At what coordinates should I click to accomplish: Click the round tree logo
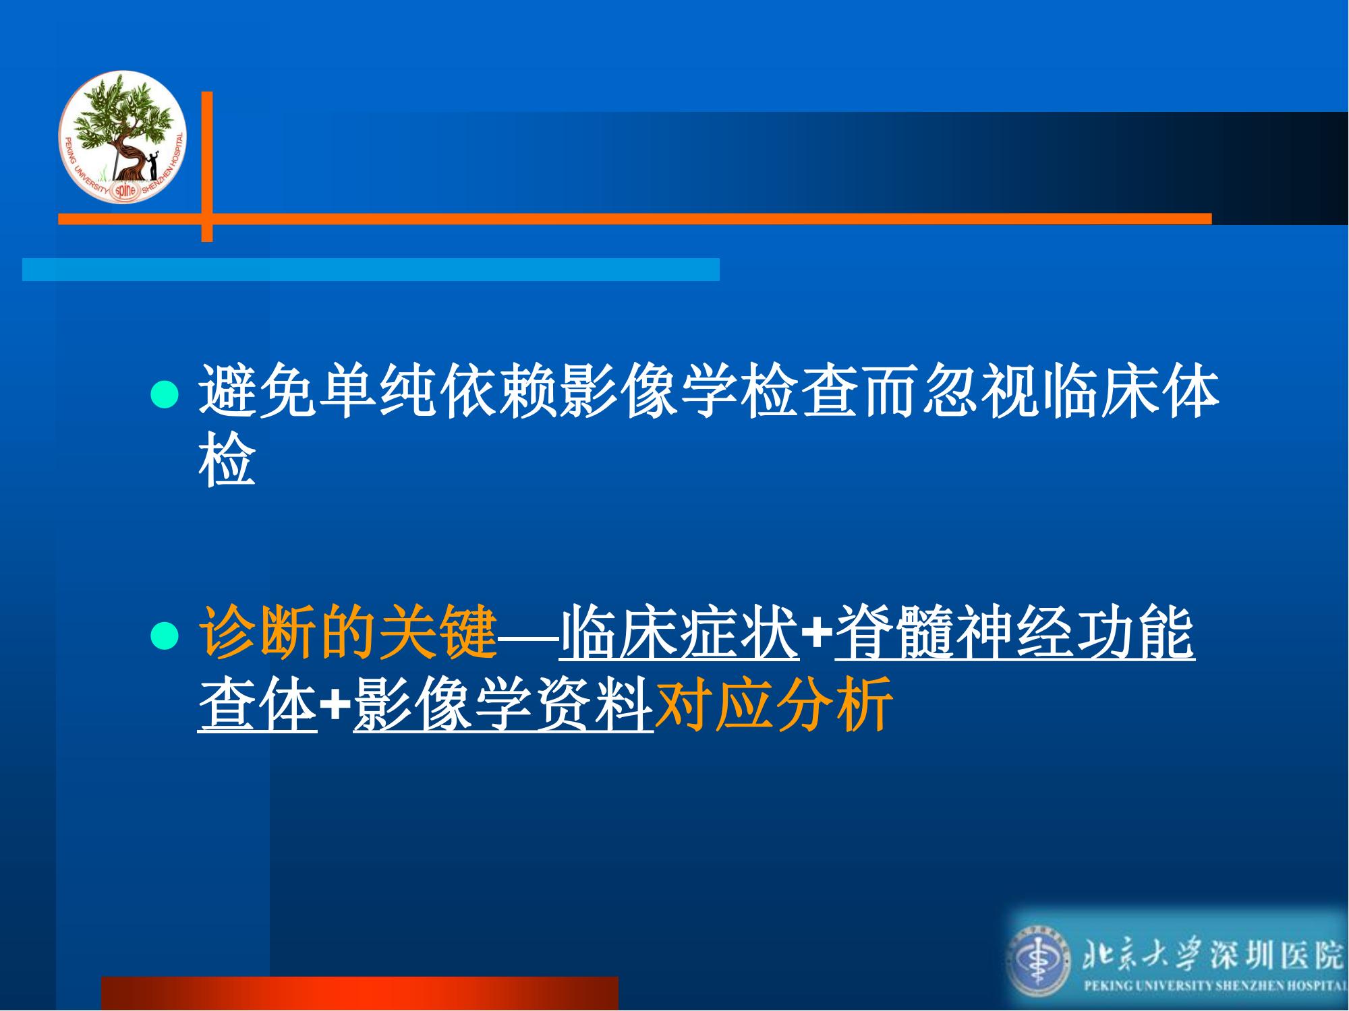point(122,136)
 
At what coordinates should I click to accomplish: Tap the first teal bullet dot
point(164,394)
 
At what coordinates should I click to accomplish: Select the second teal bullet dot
point(164,635)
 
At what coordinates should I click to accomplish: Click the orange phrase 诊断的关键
point(348,632)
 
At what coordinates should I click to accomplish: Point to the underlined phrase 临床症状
point(679,632)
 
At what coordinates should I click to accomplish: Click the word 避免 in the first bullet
point(258,392)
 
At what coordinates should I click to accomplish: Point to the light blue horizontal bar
point(371,269)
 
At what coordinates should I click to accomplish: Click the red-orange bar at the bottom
point(360,993)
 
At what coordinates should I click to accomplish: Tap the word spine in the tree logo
point(125,191)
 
